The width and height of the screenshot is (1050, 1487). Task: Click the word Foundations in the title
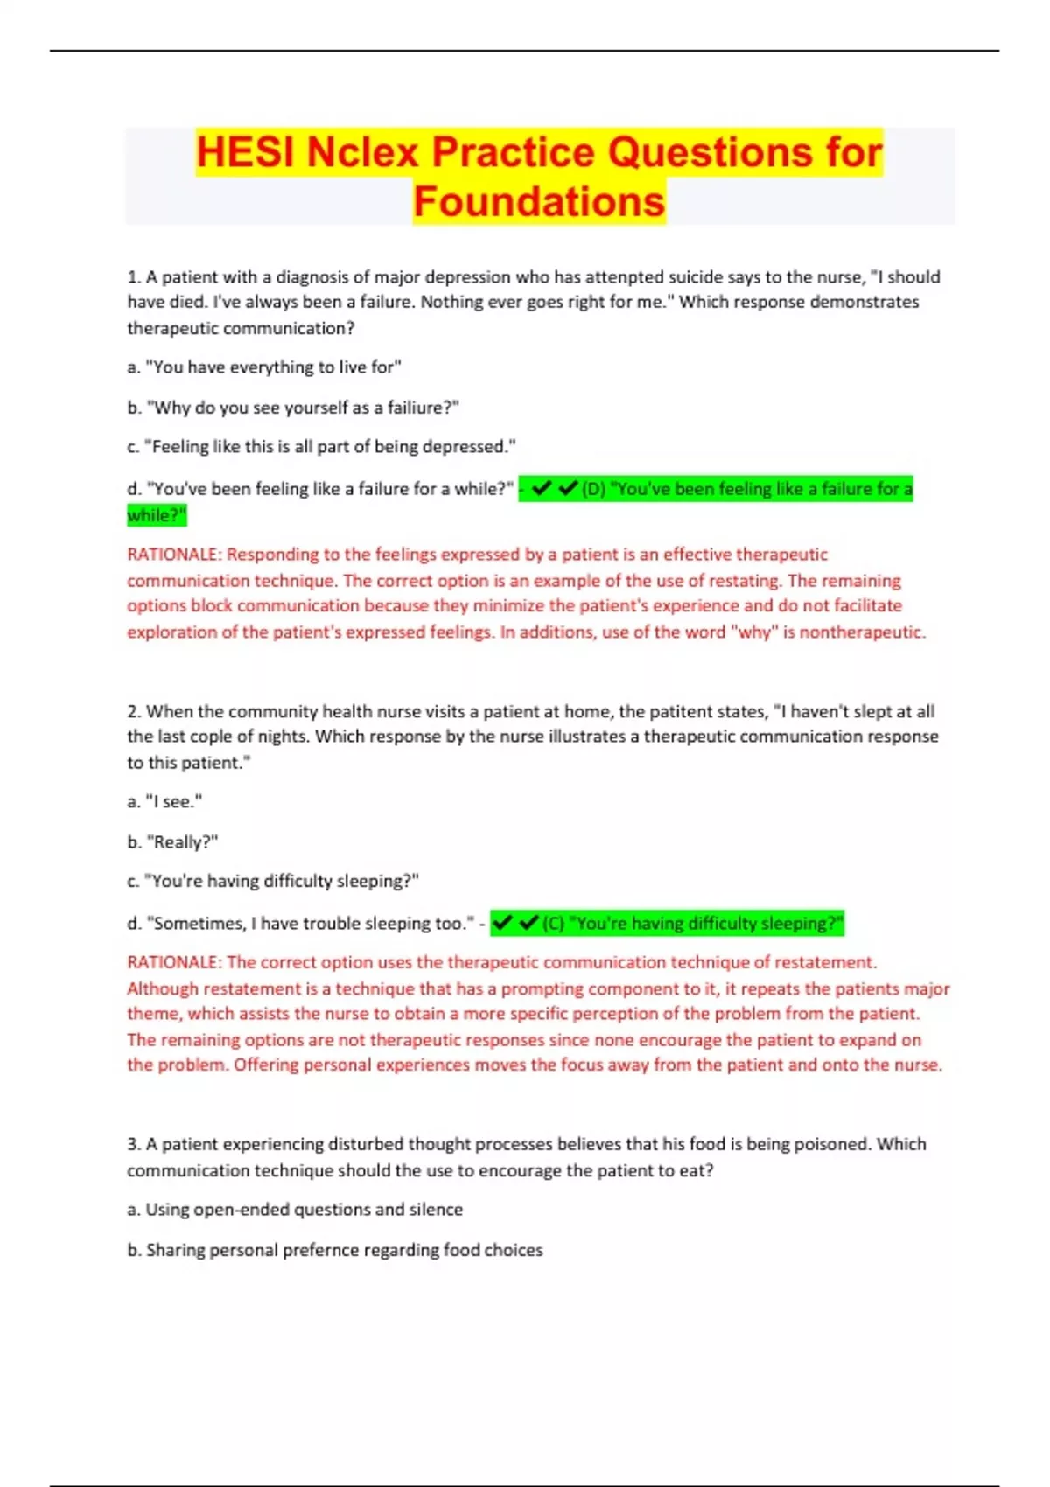539,202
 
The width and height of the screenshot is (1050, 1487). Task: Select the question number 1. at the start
134,277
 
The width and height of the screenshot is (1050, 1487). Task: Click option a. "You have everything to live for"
263,367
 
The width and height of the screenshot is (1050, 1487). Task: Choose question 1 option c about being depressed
321,447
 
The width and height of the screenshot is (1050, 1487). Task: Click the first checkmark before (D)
541,488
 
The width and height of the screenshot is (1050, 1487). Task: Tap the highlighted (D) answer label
593,489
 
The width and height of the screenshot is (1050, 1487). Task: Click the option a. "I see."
164,801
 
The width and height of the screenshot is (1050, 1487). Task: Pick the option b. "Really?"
172,841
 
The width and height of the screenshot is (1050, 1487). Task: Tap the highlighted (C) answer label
553,924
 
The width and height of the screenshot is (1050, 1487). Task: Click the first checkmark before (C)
502,923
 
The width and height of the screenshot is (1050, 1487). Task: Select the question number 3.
134,1144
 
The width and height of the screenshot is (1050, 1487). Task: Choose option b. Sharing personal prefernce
335,1250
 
